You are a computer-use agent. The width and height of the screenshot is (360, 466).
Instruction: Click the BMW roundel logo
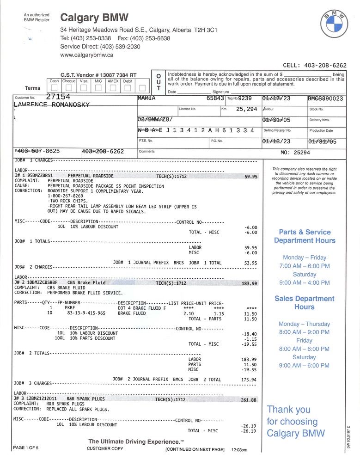334,24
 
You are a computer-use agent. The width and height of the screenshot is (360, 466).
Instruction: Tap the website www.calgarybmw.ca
86,55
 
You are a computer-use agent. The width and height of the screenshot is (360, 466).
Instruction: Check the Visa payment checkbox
84,88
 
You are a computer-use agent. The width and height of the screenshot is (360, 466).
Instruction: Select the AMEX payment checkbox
113,88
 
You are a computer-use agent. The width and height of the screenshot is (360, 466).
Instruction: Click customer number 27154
58,97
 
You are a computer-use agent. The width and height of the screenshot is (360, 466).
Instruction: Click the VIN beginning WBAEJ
196,130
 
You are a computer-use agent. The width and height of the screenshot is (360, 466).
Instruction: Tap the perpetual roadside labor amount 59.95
250,176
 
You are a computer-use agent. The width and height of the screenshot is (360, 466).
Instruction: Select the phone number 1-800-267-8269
69,196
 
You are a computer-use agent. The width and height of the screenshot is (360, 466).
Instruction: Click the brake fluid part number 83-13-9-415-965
86,313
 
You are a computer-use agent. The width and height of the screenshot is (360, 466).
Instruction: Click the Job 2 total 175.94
249,380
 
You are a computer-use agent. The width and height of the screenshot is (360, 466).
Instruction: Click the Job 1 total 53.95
250,263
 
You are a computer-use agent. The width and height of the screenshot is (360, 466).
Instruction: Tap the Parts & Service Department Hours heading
305,236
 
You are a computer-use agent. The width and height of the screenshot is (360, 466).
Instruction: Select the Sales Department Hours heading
304,303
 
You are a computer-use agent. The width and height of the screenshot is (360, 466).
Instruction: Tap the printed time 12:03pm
239,450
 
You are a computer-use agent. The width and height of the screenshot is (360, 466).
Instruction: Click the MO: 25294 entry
295,152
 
